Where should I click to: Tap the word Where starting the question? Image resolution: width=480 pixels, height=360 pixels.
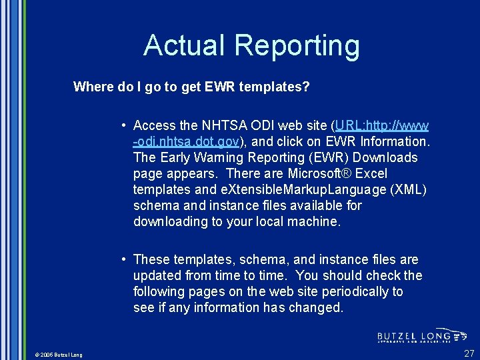click(x=93, y=87)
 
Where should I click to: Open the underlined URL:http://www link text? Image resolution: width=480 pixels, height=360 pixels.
click(x=383, y=125)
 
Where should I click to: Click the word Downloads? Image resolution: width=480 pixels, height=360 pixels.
click(x=385, y=157)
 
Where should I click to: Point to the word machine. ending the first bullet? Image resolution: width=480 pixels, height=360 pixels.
click(x=313, y=221)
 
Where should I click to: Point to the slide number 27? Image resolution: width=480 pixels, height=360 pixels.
click(x=469, y=353)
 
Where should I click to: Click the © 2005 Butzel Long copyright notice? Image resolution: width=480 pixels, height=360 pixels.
click(x=59, y=355)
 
